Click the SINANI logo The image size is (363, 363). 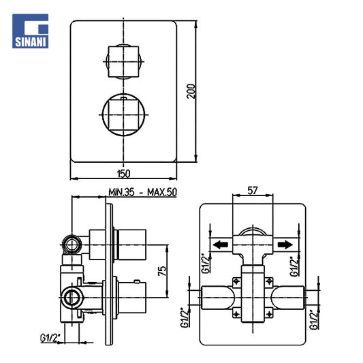tap(31, 31)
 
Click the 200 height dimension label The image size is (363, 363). tap(191, 91)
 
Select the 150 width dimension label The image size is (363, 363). tap(124, 174)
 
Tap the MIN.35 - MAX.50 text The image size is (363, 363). tap(142, 192)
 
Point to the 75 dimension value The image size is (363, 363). tap(162, 271)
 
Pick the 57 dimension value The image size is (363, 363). tap(253, 191)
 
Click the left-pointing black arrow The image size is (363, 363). tap(221, 244)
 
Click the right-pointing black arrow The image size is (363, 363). tap(285, 244)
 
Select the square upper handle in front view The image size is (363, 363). tap(123, 61)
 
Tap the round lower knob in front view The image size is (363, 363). tap(123, 114)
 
